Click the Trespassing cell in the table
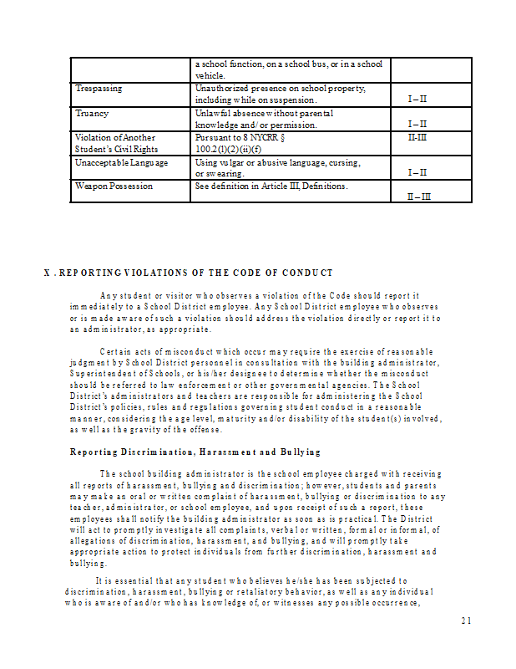(x=99, y=88)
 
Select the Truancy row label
(x=92, y=113)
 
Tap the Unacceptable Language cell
(x=121, y=162)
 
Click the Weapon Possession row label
(x=114, y=186)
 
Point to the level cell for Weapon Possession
(x=418, y=197)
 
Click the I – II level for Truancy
(x=417, y=125)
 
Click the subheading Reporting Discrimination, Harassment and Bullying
(x=195, y=452)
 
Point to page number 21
(x=466, y=620)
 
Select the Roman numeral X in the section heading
(x=47, y=273)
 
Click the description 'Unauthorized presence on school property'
(x=281, y=88)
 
